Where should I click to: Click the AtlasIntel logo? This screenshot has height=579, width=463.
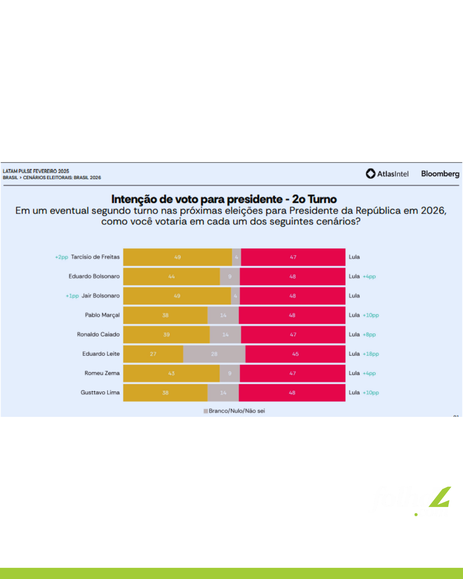pyautogui.click(x=387, y=174)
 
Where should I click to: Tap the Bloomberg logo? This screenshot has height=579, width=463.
pyautogui.click(x=440, y=174)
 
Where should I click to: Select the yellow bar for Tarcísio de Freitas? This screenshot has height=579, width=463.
pyautogui.click(x=177, y=257)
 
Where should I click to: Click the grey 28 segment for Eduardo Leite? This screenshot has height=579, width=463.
pyautogui.click(x=214, y=354)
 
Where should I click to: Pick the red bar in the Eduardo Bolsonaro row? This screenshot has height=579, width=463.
pyautogui.click(x=292, y=277)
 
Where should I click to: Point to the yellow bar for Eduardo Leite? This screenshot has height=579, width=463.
pyautogui.click(x=153, y=354)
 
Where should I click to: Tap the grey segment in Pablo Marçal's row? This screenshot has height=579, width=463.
pyautogui.click(x=223, y=315)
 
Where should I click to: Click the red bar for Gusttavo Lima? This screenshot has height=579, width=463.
pyautogui.click(x=292, y=392)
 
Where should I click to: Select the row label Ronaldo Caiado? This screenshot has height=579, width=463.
pyautogui.click(x=98, y=334)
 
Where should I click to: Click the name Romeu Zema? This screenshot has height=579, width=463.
pyautogui.click(x=102, y=373)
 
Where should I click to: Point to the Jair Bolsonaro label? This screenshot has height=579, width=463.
pyautogui.click(x=100, y=296)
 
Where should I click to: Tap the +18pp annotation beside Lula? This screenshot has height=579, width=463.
pyautogui.click(x=371, y=354)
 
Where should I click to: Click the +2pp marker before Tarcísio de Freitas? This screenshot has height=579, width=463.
pyautogui.click(x=61, y=257)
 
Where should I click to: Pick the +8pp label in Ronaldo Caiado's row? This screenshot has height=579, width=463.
pyautogui.click(x=369, y=335)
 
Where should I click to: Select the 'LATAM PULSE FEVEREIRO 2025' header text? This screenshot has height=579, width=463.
pyautogui.click(x=36, y=171)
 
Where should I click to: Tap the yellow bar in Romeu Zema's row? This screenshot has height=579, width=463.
pyautogui.click(x=171, y=373)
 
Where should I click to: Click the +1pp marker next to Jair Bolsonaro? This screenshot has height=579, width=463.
pyautogui.click(x=72, y=296)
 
